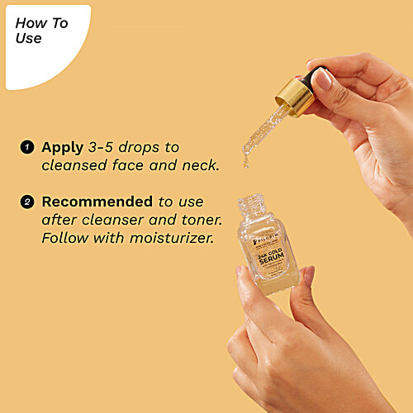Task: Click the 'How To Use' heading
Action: click(x=41, y=31)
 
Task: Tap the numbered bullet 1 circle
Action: click(x=27, y=148)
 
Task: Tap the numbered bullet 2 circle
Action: click(x=27, y=202)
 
